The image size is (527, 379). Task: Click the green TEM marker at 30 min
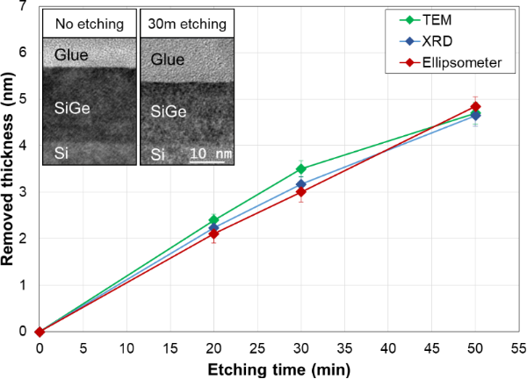pyautogui.click(x=300, y=169)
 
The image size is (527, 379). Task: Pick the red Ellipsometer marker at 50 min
pyautogui.click(x=476, y=107)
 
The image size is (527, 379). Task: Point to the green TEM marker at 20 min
pyautogui.click(x=213, y=220)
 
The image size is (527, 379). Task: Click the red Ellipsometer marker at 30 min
pyautogui.click(x=300, y=192)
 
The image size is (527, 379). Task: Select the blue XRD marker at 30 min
pyautogui.click(x=300, y=184)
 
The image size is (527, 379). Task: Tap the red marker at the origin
pyautogui.click(x=40, y=332)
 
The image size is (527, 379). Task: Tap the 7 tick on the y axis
pyautogui.click(x=25, y=6)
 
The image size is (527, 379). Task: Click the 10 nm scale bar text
pyautogui.click(x=210, y=154)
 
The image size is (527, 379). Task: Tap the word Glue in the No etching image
pyautogui.click(x=71, y=54)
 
